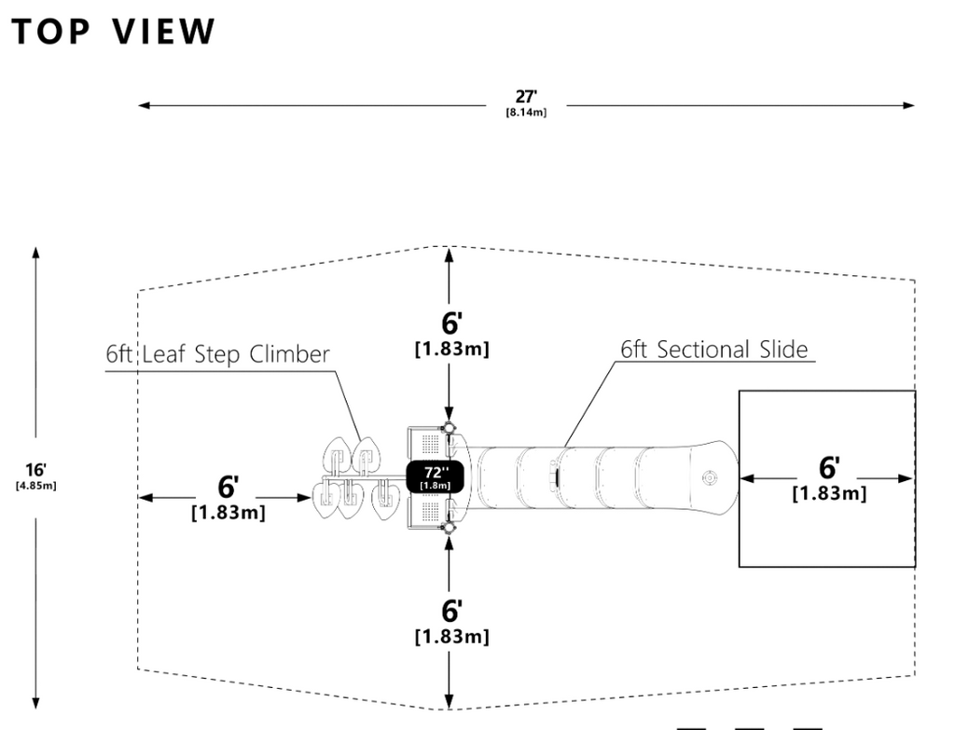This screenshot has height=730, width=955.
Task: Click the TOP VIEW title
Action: tap(114, 32)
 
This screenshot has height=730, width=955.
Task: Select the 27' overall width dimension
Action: tap(526, 96)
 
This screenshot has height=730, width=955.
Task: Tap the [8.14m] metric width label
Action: tap(526, 112)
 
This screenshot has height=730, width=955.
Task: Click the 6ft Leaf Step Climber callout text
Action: tap(217, 355)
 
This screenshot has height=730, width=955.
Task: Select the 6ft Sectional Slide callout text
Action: tap(714, 350)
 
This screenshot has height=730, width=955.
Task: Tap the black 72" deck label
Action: tap(436, 476)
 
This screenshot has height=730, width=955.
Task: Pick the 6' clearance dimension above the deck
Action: tap(451, 324)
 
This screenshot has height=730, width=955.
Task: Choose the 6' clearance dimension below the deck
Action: tap(451, 612)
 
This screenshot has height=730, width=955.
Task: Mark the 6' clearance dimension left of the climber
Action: tap(228, 487)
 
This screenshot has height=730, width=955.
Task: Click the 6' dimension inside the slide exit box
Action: tap(829, 468)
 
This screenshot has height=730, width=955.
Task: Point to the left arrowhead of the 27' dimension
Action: tap(144, 105)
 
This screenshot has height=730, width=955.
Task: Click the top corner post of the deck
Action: tap(450, 428)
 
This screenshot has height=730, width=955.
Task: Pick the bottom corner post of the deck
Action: tap(450, 526)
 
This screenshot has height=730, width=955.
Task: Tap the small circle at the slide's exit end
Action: tap(710, 477)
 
